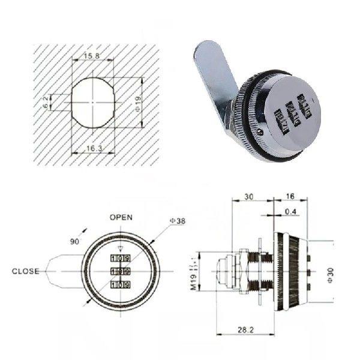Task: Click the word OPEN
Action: click(x=121, y=217)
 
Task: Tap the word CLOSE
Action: click(x=26, y=271)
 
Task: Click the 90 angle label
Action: click(x=74, y=241)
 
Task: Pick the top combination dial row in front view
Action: click(x=121, y=257)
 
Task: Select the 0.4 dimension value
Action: click(x=293, y=211)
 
